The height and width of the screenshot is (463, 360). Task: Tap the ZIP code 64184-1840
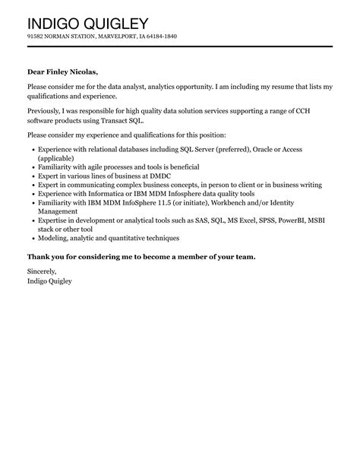point(159,36)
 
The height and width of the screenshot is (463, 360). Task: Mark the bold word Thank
point(40,257)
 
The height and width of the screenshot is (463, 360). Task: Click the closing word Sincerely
point(42,271)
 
